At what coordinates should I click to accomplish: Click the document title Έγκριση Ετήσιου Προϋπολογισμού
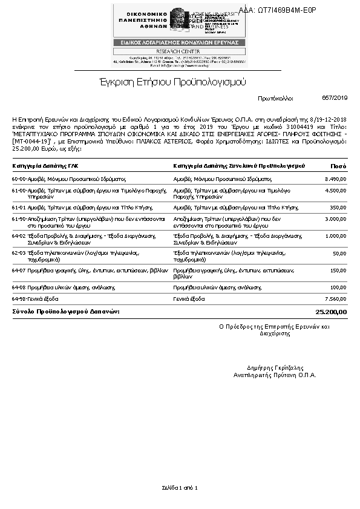173,82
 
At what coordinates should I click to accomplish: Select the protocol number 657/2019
335,97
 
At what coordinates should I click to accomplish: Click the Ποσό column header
338,166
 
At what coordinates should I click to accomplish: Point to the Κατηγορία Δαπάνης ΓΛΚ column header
45,166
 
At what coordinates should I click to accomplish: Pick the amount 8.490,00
335,179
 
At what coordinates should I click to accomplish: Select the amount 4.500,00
335,191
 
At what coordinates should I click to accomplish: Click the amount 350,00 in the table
338,207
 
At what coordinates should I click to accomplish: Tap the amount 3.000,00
335,218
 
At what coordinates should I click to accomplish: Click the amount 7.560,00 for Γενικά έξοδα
335,298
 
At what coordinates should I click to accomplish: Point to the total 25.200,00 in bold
332,312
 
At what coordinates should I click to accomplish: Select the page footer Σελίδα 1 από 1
180,487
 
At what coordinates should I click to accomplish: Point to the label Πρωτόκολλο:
275,97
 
